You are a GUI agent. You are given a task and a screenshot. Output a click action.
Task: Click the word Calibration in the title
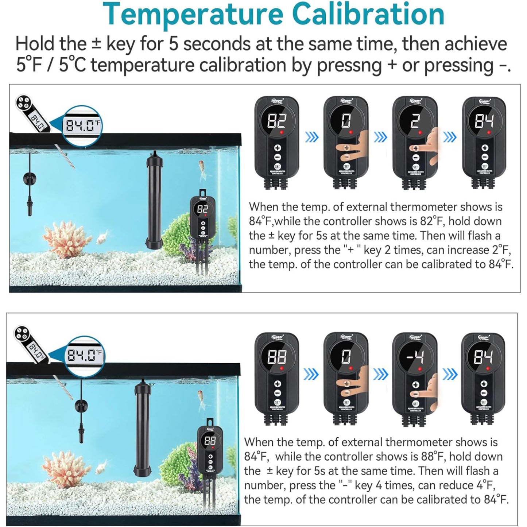[x=368, y=15]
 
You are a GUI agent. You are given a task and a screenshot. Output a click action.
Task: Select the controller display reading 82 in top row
[x=277, y=121]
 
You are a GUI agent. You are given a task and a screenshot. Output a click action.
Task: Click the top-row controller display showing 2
[x=415, y=121]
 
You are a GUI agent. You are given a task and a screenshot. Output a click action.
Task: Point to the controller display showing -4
[x=415, y=356]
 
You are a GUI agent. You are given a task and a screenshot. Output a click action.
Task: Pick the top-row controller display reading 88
[x=277, y=357]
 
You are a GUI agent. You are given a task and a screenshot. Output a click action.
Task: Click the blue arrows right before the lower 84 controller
[x=449, y=374]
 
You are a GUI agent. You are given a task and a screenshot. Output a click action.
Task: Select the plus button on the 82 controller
[x=277, y=148]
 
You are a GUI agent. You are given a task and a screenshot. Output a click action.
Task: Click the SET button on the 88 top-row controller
[x=277, y=402]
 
